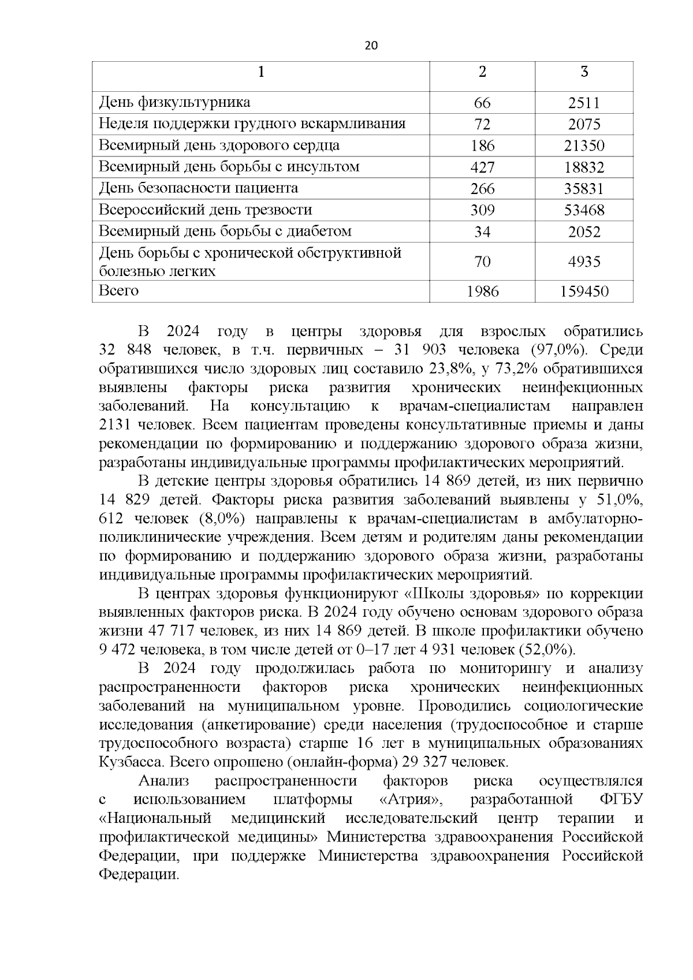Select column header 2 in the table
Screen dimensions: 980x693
pos(482,72)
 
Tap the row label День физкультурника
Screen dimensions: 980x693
pos(174,103)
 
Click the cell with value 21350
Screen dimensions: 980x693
pos(584,146)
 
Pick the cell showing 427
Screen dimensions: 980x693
pos(482,167)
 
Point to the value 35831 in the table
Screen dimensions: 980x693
pos(584,189)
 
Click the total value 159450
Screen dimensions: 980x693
pos(584,292)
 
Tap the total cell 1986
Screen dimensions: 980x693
pos(482,292)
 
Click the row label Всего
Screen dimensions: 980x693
pos(119,290)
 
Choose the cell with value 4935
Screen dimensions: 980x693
pos(584,262)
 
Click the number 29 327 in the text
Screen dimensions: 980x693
pos(423,762)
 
